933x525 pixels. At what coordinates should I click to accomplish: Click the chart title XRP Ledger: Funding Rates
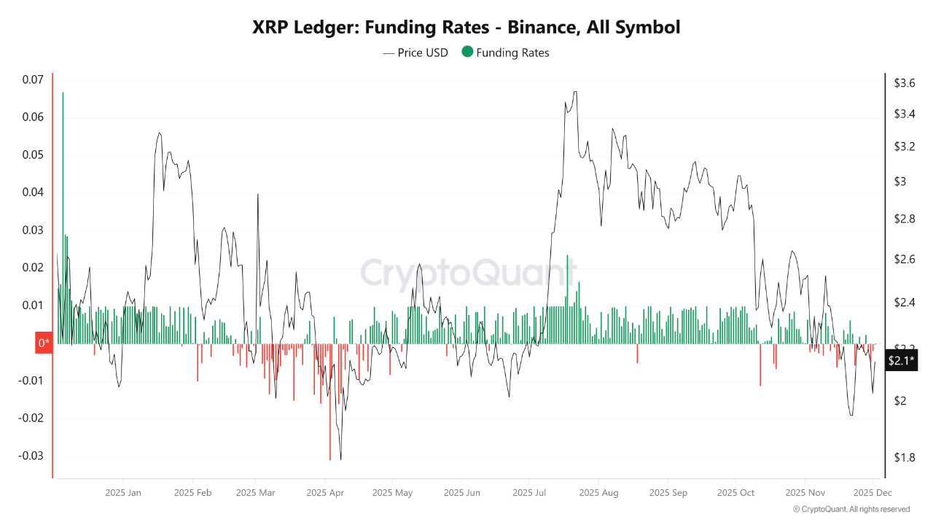pyautogui.click(x=466, y=28)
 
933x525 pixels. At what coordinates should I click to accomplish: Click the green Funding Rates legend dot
pyautogui.click(x=466, y=52)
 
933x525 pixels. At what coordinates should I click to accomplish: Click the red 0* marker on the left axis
pyautogui.click(x=44, y=343)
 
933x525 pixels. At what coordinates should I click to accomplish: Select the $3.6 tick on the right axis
pyautogui.click(x=905, y=83)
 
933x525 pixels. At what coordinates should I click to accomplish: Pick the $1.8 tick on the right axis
pyautogui.click(x=905, y=457)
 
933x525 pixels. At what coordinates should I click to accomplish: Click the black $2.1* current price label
pyautogui.click(x=902, y=360)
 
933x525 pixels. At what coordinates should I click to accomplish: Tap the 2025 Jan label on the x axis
pyautogui.click(x=123, y=493)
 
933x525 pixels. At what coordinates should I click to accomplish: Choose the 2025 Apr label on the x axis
pyautogui.click(x=325, y=493)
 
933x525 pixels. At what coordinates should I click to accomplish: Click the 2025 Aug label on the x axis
pyautogui.click(x=598, y=493)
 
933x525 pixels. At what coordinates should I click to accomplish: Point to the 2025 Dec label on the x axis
pyautogui.click(x=873, y=493)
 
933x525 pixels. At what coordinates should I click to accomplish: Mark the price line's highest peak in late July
pyautogui.click(x=575, y=92)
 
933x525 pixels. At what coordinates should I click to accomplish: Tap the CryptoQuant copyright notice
pyautogui.click(x=851, y=509)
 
